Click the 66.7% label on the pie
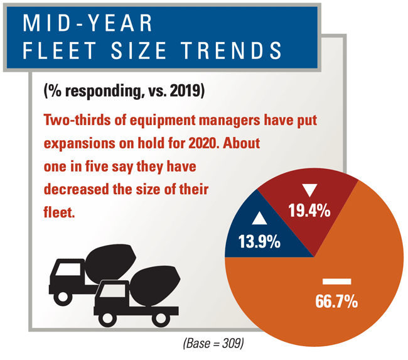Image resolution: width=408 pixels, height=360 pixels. (x=336, y=301)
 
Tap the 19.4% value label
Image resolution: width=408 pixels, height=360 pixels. (x=309, y=211)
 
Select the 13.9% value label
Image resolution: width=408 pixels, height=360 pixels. (x=259, y=241)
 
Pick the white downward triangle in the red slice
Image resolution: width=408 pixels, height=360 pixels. (x=308, y=189)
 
